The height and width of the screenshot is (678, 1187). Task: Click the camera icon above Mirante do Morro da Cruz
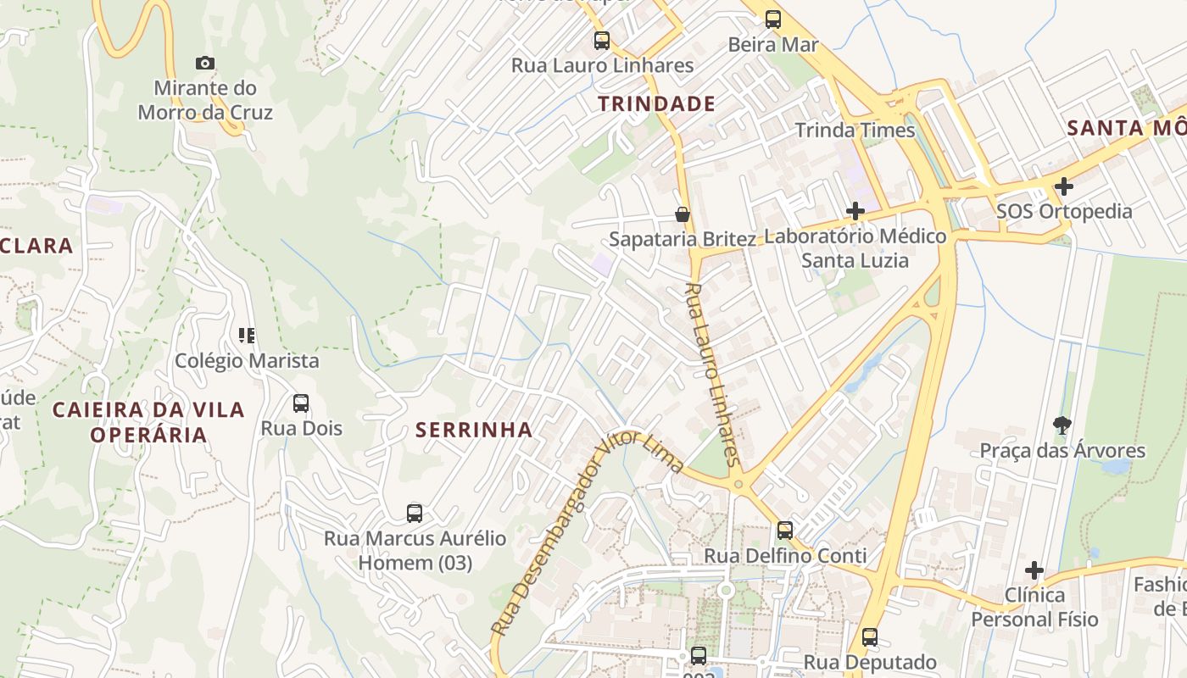pyautogui.click(x=204, y=63)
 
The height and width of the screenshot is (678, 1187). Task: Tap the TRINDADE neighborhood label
pyautogui.click(x=656, y=104)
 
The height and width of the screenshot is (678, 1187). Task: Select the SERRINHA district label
pyautogui.click(x=474, y=430)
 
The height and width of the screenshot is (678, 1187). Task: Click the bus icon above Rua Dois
pyautogui.click(x=301, y=403)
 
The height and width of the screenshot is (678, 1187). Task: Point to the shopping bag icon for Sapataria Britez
pyautogui.click(x=682, y=214)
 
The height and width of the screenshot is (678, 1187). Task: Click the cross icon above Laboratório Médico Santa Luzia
pyautogui.click(x=855, y=211)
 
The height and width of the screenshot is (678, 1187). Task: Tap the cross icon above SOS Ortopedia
pyautogui.click(x=1064, y=186)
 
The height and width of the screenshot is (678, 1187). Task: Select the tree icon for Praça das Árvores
pyautogui.click(x=1062, y=425)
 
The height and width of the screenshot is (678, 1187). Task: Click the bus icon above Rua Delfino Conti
pyautogui.click(x=785, y=531)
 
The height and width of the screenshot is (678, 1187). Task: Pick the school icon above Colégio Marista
pyautogui.click(x=247, y=336)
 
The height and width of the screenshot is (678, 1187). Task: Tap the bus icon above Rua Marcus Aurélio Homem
pyautogui.click(x=414, y=513)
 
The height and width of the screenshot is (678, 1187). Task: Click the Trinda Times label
pyautogui.click(x=855, y=130)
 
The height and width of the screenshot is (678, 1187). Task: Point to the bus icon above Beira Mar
pyautogui.click(x=772, y=19)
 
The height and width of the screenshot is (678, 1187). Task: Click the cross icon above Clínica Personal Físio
pyautogui.click(x=1034, y=570)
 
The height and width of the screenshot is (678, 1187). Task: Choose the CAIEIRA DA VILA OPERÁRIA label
pyautogui.click(x=148, y=422)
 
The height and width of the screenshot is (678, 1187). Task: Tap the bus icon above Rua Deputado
pyautogui.click(x=869, y=637)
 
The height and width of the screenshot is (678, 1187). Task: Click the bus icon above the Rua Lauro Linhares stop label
pyautogui.click(x=601, y=40)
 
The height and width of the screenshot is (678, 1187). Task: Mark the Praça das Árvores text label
pyautogui.click(x=1062, y=450)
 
